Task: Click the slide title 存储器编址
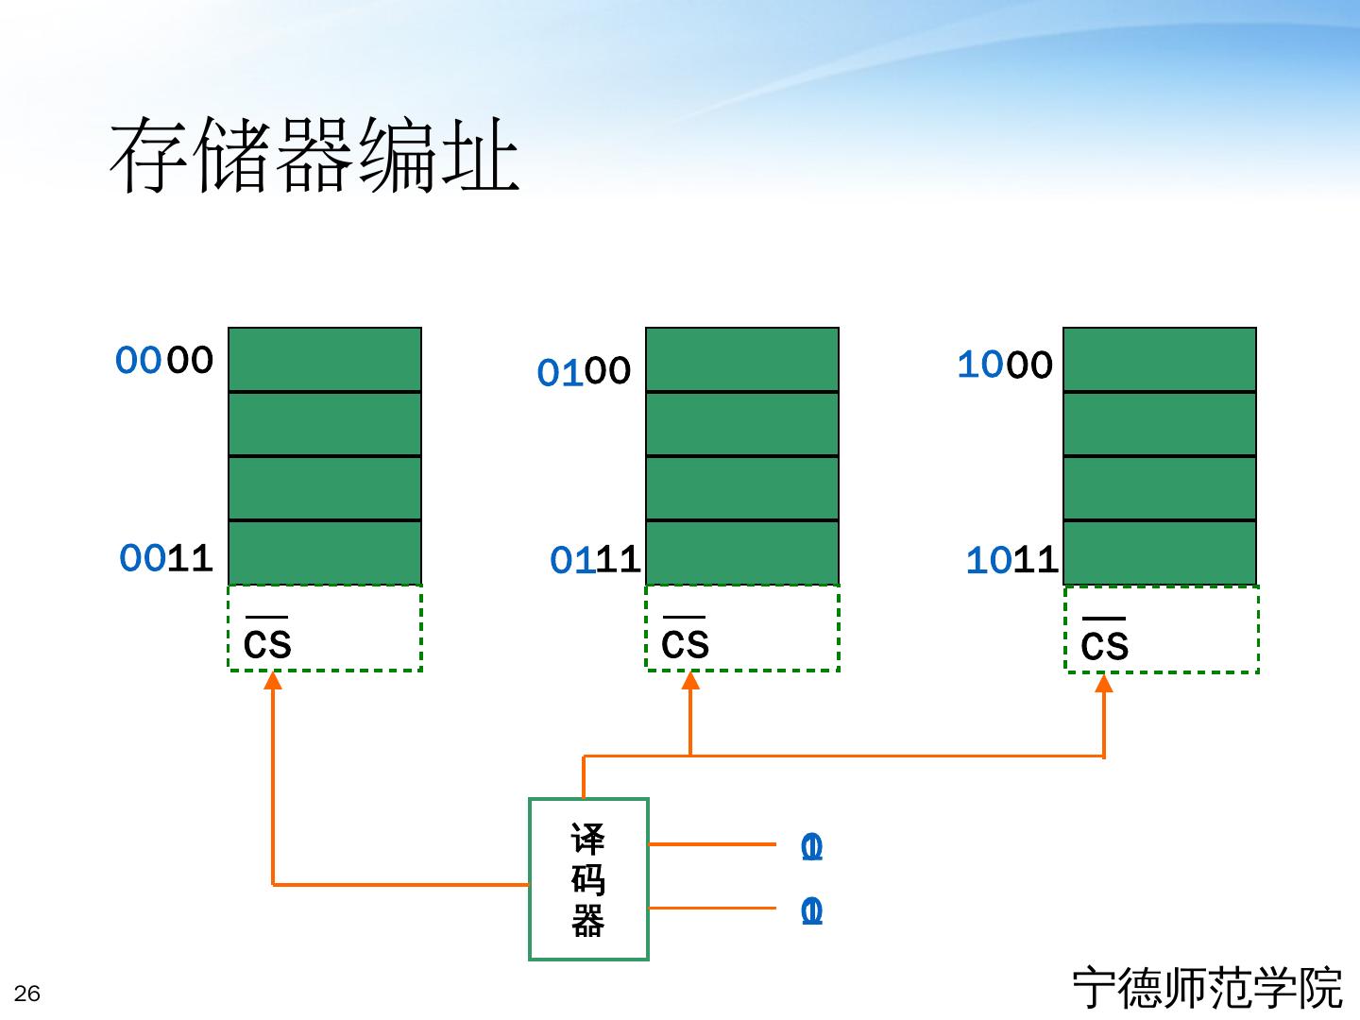pyautogui.click(x=314, y=156)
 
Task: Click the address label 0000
pyautogui.click(x=164, y=360)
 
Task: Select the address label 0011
pyautogui.click(x=166, y=558)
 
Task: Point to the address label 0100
pyautogui.click(x=584, y=371)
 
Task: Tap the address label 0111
pyautogui.click(x=595, y=560)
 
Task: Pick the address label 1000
pyautogui.click(x=1005, y=365)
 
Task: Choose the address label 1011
pyautogui.click(x=1011, y=560)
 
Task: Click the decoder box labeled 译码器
pyautogui.click(x=588, y=879)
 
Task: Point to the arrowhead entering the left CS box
pyautogui.click(x=273, y=680)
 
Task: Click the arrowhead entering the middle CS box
pyautogui.click(x=690, y=680)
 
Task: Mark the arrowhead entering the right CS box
pyautogui.click(x=1104, y=682)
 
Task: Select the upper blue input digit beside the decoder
pyautogui.click(x=811, y=847)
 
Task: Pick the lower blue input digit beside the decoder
pyautogui.click(x=811, y=911)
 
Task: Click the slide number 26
pyautogui.click(x=27, y=994)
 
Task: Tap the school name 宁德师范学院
pyautogui.click(x=1207, y=988)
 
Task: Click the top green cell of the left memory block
pyautogui.click(x=325, y=360)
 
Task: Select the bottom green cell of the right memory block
pyautogui.click(x=1160, y=552)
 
